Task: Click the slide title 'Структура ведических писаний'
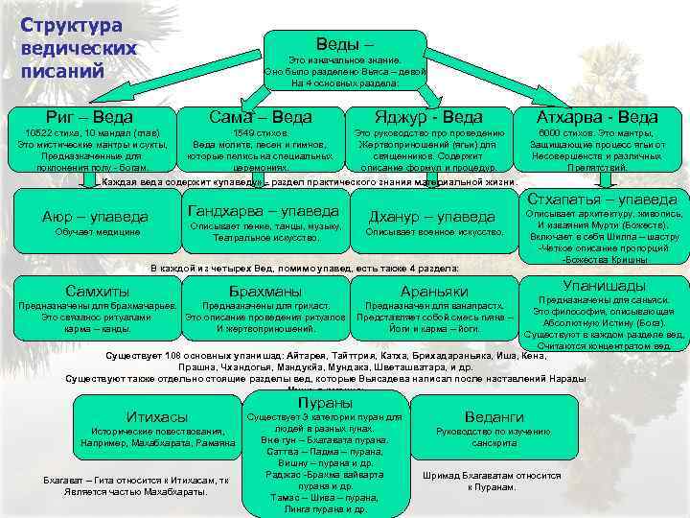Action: [x=80, y=48]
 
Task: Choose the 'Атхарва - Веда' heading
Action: [x=598, y=117]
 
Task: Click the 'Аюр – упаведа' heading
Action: [x=96, y=216]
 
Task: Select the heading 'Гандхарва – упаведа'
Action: [x=264, y=210]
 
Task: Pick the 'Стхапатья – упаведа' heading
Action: [x=602, y=199]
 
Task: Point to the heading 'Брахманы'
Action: [x=265, y=291]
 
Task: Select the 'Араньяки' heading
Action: [x=433, y=291]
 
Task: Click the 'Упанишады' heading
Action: [x=604, y=285]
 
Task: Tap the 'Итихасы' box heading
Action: [x=157, y=416]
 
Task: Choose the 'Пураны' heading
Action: [x=324, y=403]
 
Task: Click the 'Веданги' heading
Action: [x=494, y=416]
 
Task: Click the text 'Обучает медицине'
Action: [x=97, y=232]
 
